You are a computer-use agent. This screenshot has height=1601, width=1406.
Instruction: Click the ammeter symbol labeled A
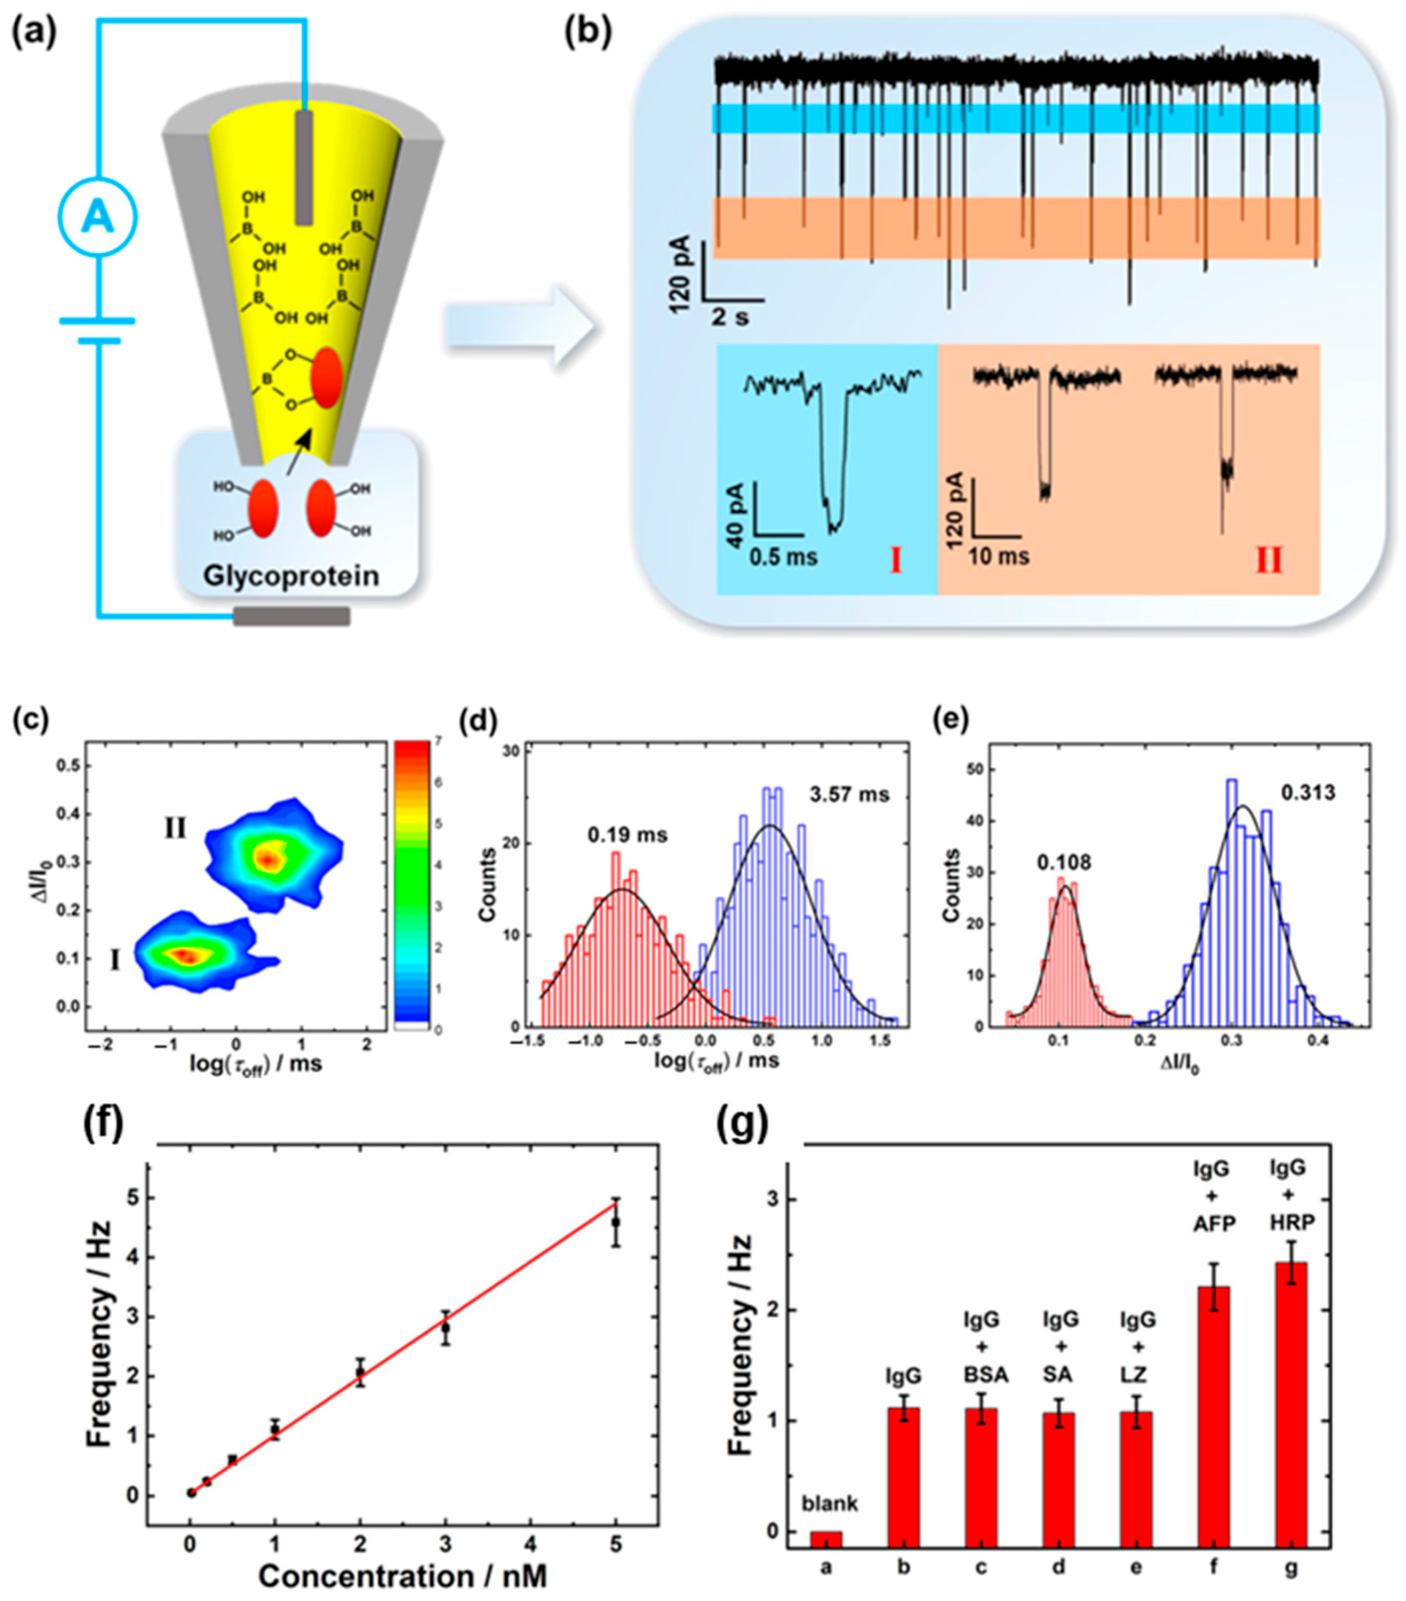pos(98,218)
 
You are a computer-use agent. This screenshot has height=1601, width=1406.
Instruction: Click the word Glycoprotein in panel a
pos(290,577)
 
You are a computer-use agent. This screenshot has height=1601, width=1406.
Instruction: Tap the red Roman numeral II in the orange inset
pos(1269,561)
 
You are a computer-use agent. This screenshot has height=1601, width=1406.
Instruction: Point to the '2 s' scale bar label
pos(729,317)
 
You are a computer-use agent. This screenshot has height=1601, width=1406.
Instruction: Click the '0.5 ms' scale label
pos(783,557)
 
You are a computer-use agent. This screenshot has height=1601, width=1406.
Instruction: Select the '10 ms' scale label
pos(998,557)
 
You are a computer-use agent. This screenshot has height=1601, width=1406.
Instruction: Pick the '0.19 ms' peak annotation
pos(627,835)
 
